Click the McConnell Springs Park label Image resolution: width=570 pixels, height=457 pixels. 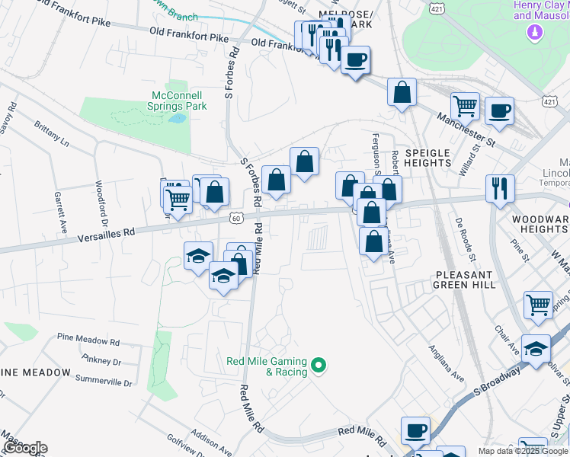(175, 101)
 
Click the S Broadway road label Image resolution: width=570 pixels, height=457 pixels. (496, 385)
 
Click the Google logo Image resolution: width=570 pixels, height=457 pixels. (24, 448)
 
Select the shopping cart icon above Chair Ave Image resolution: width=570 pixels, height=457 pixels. (538, 305)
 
